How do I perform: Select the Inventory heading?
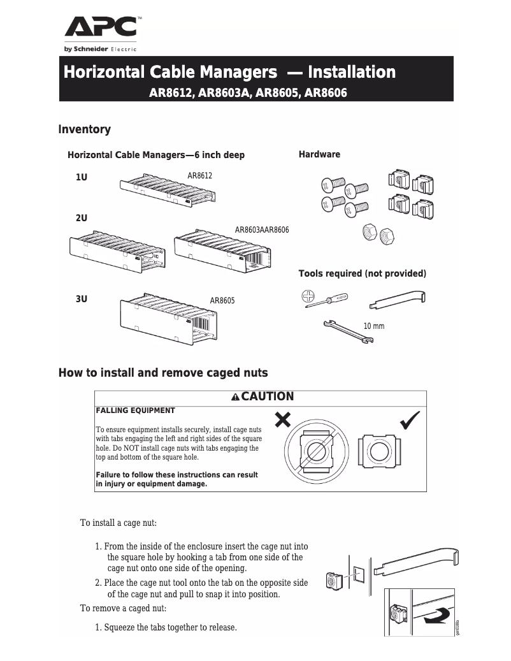point(84,129)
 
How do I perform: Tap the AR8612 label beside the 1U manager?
point(199,175)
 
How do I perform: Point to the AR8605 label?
point(222,300)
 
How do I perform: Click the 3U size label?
point(82,298)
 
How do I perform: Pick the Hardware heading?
point(319,154)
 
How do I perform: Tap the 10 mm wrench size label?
point(373,326)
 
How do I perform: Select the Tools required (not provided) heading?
point(362,273)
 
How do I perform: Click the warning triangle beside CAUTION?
point(235,397)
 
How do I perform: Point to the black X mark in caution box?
point(283,419)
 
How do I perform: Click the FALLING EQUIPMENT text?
point(135,410)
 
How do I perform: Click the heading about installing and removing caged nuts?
point(163,373)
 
